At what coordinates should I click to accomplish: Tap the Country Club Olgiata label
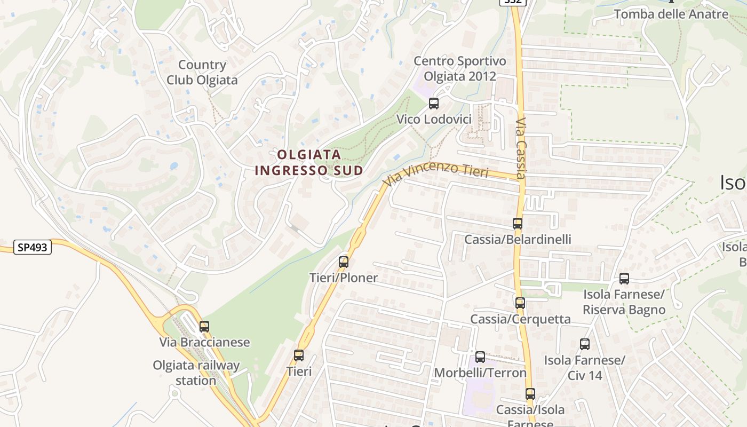[x=202, y=73]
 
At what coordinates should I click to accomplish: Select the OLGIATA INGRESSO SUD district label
[x=309, y=162]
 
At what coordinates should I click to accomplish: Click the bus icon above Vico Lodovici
[x=434, y=104]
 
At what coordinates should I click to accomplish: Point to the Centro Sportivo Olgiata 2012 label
[x=459, y=68]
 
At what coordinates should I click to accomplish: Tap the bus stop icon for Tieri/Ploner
[x=344, y=262]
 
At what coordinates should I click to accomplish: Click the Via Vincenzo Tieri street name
[x=436, y=174]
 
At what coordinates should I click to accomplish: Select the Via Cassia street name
[x=521, y=148]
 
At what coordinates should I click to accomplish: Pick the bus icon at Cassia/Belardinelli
[x=518, y=224]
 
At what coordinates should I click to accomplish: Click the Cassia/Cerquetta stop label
[x=520, y=319]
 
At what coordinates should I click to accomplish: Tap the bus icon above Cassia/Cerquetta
[x=520, y=303]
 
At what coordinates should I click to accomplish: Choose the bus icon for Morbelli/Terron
[x=480, y=357]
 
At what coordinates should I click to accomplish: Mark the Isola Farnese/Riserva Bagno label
[x=624, y=302]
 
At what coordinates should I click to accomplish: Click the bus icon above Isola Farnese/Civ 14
[x=585, y=344]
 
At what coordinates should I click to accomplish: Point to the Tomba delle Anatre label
[x=671, y=14]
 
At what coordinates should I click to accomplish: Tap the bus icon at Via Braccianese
[x=204, y=327]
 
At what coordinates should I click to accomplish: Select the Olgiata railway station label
[x=196, y=373]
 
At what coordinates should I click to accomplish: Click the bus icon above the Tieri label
[x=299, y=355]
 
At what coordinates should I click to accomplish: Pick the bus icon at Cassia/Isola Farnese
[x=530, y=394]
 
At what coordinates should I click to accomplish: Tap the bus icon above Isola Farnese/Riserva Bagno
[x=624, y=278]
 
